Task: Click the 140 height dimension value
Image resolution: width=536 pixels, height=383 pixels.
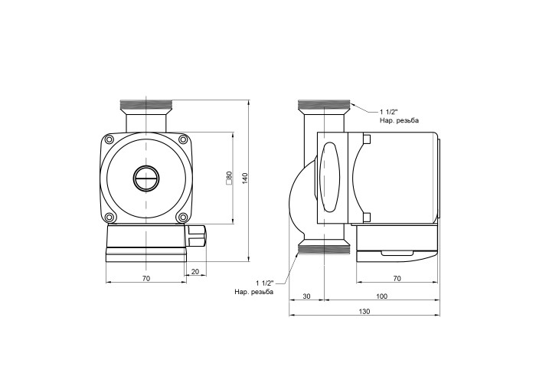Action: pos(245,178)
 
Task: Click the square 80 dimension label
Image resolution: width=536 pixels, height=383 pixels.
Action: pos(229,178)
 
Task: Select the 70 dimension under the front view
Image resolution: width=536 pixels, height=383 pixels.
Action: pos(146,278)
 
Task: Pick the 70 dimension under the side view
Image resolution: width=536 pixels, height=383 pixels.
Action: pos(397,279)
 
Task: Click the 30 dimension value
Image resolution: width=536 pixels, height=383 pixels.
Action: pos(306,296)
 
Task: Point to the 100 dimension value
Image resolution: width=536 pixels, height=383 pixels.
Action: pos(381,296)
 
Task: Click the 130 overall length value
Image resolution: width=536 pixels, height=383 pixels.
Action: pos(364,312)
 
